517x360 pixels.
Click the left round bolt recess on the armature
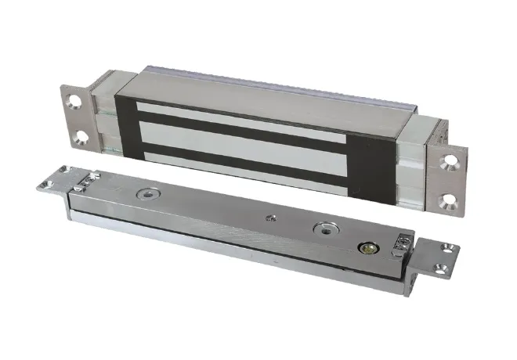pos(146,192)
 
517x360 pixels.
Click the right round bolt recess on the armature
pos(323,229)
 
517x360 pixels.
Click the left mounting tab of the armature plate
pos(51,183)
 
